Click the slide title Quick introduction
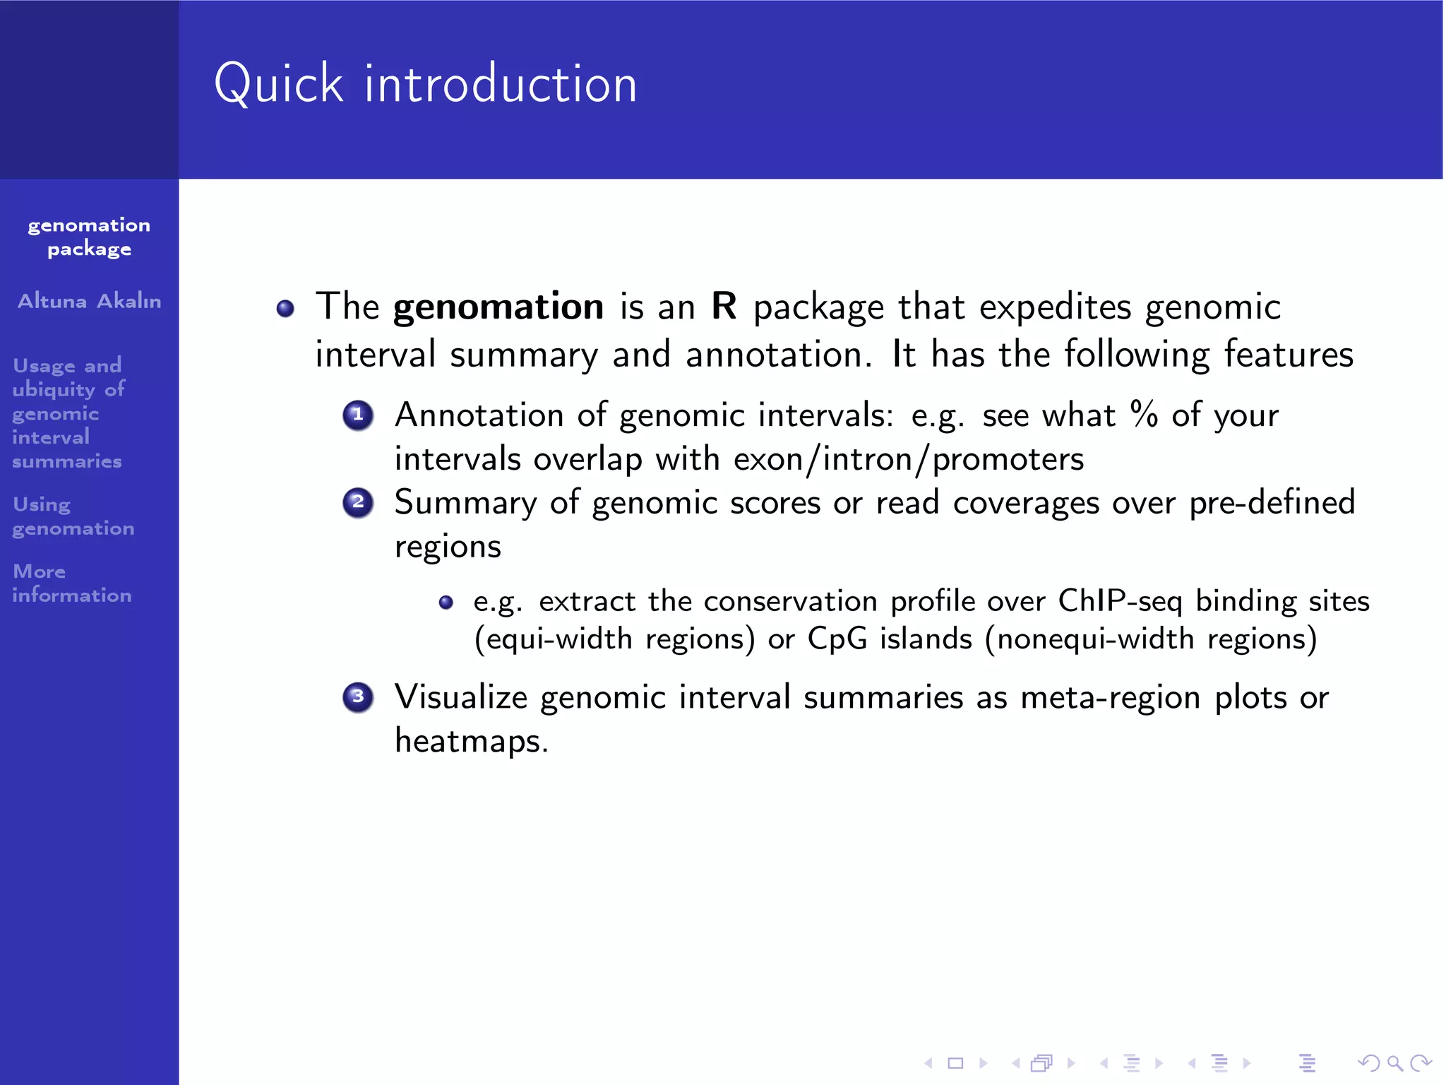coord(426,84)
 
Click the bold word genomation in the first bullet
coord(498,307)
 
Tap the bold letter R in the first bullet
coord(724,306)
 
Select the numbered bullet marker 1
coord(358,415)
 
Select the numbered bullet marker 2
coord(358,503)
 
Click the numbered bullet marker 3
coord(358,697)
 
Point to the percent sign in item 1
coord(1144,414)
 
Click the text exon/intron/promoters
coord(908,460)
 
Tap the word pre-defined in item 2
coord(1272,503)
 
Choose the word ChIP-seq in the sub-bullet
coord(1119,601)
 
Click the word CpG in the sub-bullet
coord(837,639)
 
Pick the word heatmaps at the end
coord(470,741)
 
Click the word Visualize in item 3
coord(460,697)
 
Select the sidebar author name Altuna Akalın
coord(90,301)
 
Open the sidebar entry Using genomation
coord(73,516)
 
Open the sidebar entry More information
coord(71,583)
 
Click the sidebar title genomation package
coord(89,237)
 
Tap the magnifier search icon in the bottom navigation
coord(1394,1062)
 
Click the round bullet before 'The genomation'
coord(285,309)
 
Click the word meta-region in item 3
coord(1110,698)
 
